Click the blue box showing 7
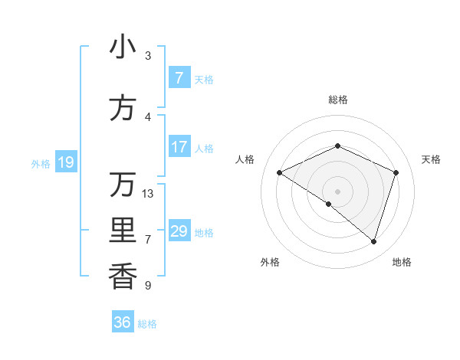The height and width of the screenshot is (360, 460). point(179,78)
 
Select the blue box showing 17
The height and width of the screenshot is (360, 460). point(179,147)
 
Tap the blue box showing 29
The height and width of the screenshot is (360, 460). point(179,231)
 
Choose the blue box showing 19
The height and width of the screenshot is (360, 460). point(65,162)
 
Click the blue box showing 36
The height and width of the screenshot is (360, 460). point(123,322)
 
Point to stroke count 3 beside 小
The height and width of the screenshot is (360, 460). point(148,56)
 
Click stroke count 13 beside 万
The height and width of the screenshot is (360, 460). point(148,193)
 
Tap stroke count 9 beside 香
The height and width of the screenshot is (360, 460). point(148,286)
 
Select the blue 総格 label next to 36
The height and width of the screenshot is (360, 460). point(147,324)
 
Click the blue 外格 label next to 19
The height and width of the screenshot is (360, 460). point(41,163)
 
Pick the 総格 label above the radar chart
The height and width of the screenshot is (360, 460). point(337,100)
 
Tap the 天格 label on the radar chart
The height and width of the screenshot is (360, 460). point(431,159)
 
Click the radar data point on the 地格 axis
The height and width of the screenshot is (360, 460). point(374,241)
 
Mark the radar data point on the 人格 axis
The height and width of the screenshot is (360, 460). point(280,172)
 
